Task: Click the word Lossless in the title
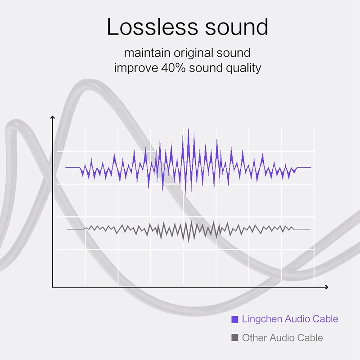152,27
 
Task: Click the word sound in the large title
237,27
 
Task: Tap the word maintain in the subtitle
147,53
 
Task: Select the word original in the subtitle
193,53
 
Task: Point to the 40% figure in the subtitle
173,68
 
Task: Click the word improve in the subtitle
136,68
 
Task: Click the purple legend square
234,319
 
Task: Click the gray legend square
234,337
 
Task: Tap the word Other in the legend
254,338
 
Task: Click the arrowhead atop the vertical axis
53,117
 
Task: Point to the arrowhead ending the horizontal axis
327,287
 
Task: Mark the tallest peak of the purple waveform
189,129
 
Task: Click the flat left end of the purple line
65,167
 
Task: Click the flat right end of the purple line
311,167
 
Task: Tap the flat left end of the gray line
67,229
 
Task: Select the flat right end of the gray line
310,229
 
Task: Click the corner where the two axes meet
53,287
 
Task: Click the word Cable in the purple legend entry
325,319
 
